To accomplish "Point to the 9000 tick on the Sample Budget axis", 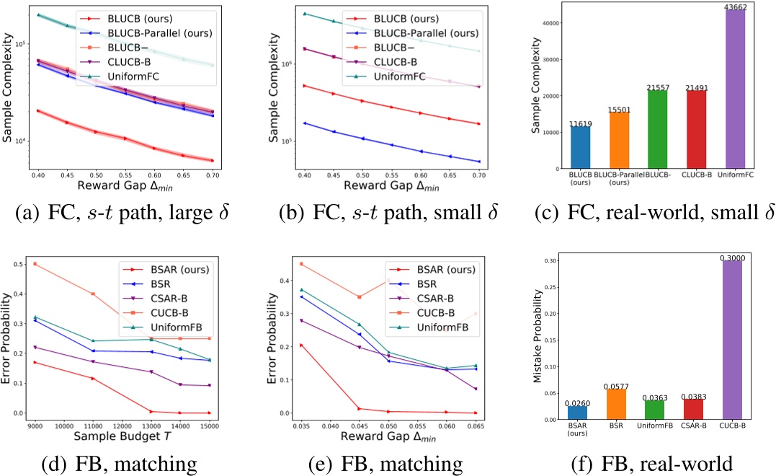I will (35, 426).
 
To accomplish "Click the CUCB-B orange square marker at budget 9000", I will (35, 264).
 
